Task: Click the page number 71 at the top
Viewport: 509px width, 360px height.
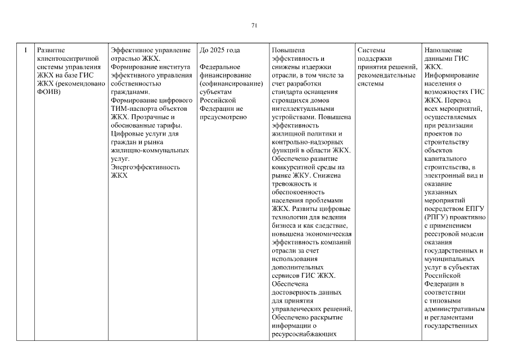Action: [254, 25]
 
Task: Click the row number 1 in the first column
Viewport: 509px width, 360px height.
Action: [25, 50]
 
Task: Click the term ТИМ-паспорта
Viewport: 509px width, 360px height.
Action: [135, 109]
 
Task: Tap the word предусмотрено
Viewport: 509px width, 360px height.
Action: [223, 117]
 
